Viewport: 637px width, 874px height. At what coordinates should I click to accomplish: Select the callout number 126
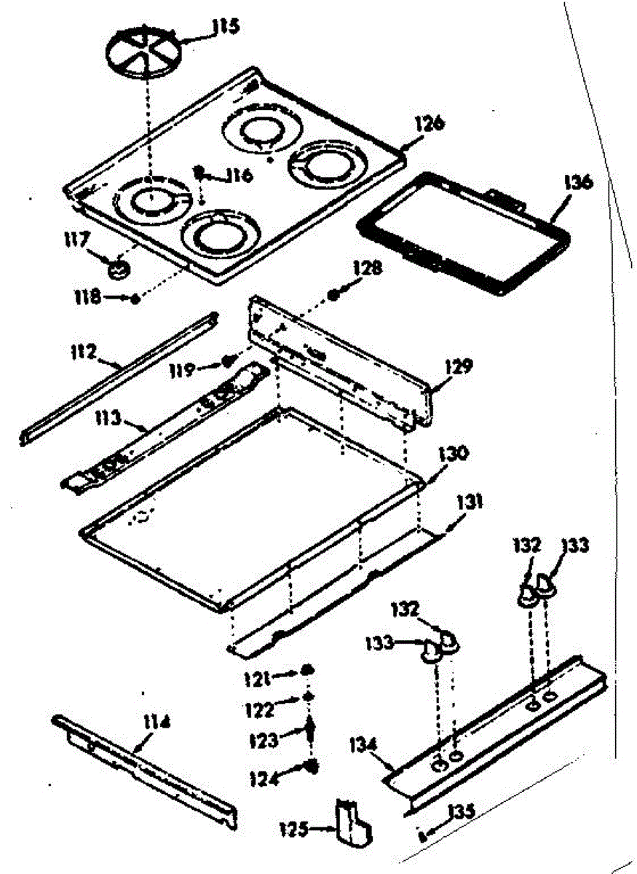pos(430,123)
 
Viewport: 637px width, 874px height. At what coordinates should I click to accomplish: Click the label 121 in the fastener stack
pos(256,678)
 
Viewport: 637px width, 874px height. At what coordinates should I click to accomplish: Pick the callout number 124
pos(265,778)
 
